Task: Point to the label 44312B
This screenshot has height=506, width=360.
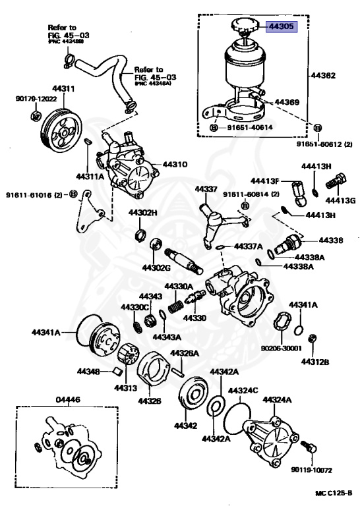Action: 315,362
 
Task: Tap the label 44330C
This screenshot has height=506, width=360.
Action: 134,307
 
